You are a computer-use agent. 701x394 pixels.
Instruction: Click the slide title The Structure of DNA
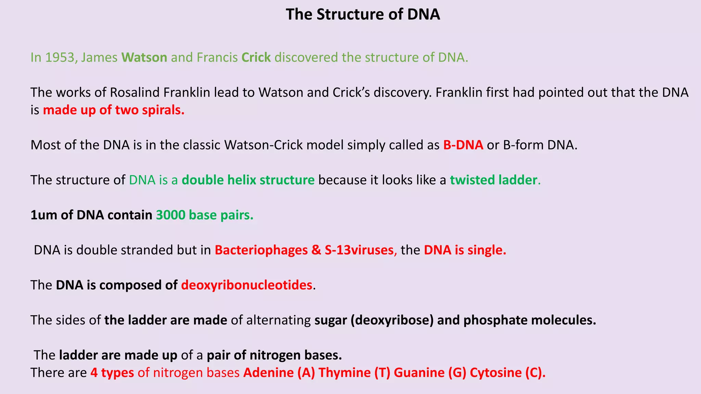click(363, 15)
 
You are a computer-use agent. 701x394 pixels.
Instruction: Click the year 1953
click(60, 57)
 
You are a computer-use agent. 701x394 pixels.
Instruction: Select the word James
click(99, 57)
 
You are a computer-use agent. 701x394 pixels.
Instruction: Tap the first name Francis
click(217, 57)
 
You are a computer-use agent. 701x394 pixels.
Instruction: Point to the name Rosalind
click(134, 93)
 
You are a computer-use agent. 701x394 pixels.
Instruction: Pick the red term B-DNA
click(463, 145)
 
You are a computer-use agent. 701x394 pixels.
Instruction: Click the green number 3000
click(170, 215)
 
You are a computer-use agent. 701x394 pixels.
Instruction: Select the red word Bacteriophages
click(261, 250)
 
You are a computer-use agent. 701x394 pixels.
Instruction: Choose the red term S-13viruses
click(359, 250)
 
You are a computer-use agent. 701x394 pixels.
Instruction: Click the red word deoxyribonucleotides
click(246, 285)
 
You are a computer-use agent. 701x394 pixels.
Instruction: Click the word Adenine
click(268, 373)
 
